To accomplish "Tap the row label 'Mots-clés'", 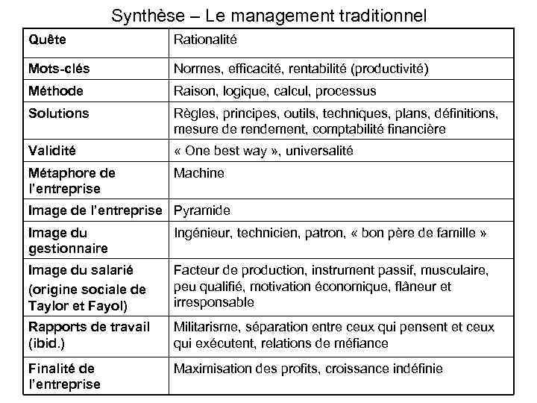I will (x=58, y=69).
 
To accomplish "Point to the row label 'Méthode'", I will (x=55, y=91).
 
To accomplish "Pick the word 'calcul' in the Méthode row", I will (x=293, y=91).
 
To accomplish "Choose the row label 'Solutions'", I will (x=58, y=113).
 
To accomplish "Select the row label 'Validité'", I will (x=52, y=151).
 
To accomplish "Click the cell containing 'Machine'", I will (x=198, y=173).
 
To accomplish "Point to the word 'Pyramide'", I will (x=201, y=210).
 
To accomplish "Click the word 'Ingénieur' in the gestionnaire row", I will (x=201, y=233).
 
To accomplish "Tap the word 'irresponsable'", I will (x=213, y=302).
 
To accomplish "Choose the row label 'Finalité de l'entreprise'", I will (x=63, y=376).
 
